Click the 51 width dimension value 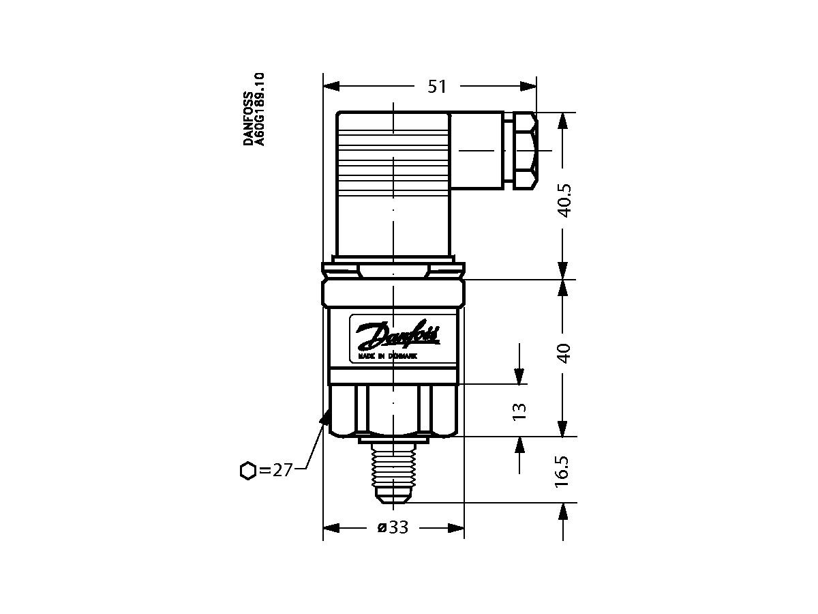click(436, 87)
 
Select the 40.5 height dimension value click(564, 200)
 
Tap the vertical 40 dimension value click(564, 353)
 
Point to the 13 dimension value click(519, 410)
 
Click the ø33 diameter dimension click(393, 528)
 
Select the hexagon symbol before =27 click(248, 470)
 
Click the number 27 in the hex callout click(282, 470)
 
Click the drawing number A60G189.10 click(260, 109)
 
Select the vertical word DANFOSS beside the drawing click(249, 119)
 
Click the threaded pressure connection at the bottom click(392, 471)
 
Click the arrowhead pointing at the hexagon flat click(325, 416)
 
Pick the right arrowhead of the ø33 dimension click(456, 528)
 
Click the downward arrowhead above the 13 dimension click(519, 376)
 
